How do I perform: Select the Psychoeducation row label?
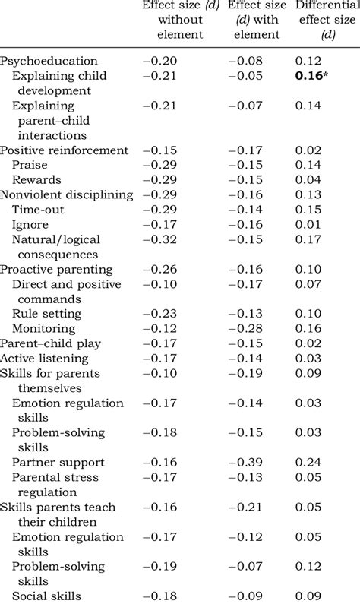click(x=49, y=61)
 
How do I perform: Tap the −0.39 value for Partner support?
click(x=245, y=462)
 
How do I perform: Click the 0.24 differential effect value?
click(x=308, y=462)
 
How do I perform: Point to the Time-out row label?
click(x=38, y=210)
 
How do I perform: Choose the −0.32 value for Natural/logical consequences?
click(x=159, y=239)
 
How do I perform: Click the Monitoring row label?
click(x=44, y=328)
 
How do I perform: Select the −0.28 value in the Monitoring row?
click(x=245, y=328)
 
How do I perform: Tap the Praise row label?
click(x=30, y=165)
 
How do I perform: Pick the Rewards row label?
click(x=36, y=180)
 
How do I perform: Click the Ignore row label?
click(x=30, y=225)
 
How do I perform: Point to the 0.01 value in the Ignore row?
click(x=308, y=225)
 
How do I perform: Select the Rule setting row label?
click(x=47, y=314)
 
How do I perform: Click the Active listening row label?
click(x=44, y=359)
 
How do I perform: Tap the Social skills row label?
click(x=46, y=596)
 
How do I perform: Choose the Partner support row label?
click(x=58, y=462)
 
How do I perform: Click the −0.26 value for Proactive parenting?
click(x=159, y=269)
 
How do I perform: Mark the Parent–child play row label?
click(x=50, y=343)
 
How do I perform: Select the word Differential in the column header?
click(x=327, y=5)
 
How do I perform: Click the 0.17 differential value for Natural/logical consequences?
click(x=308, y=239)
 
